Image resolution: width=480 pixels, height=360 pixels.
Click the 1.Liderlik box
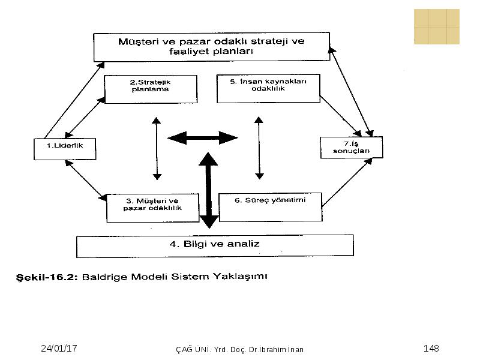tap(65, 149)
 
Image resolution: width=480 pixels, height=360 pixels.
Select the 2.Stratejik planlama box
tap(151, 89)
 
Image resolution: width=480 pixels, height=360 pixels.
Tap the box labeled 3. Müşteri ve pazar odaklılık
tap(153, 208)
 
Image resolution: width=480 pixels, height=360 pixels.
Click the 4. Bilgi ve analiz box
tap(215, 246)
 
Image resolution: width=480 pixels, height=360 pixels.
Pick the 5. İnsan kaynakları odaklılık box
tap(268, 88)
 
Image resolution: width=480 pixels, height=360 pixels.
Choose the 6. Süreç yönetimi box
tap(271, 207)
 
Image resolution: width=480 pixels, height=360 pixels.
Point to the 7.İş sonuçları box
tap(352, 148)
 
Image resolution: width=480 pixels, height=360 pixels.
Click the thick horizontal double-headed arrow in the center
tap(203, 138)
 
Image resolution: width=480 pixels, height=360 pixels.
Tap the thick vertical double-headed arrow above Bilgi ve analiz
tap(208, 190)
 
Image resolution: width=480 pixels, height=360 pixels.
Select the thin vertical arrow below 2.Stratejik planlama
tap(157, 148)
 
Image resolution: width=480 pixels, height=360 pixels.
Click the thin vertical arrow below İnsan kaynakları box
tap(259, 148)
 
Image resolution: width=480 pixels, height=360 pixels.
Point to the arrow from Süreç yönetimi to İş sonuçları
tap(347, 182)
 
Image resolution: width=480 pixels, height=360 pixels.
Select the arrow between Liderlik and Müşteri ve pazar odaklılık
tap(86, 181)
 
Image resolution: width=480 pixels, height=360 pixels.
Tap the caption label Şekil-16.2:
tap(47, 278)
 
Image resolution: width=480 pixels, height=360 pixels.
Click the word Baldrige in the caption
tap(104, 277)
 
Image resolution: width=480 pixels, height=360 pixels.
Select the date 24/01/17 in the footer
tap(59, 349)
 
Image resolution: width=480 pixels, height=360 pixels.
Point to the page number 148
tap(431, 349)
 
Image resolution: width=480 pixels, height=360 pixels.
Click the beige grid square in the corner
tap(437, 26)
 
